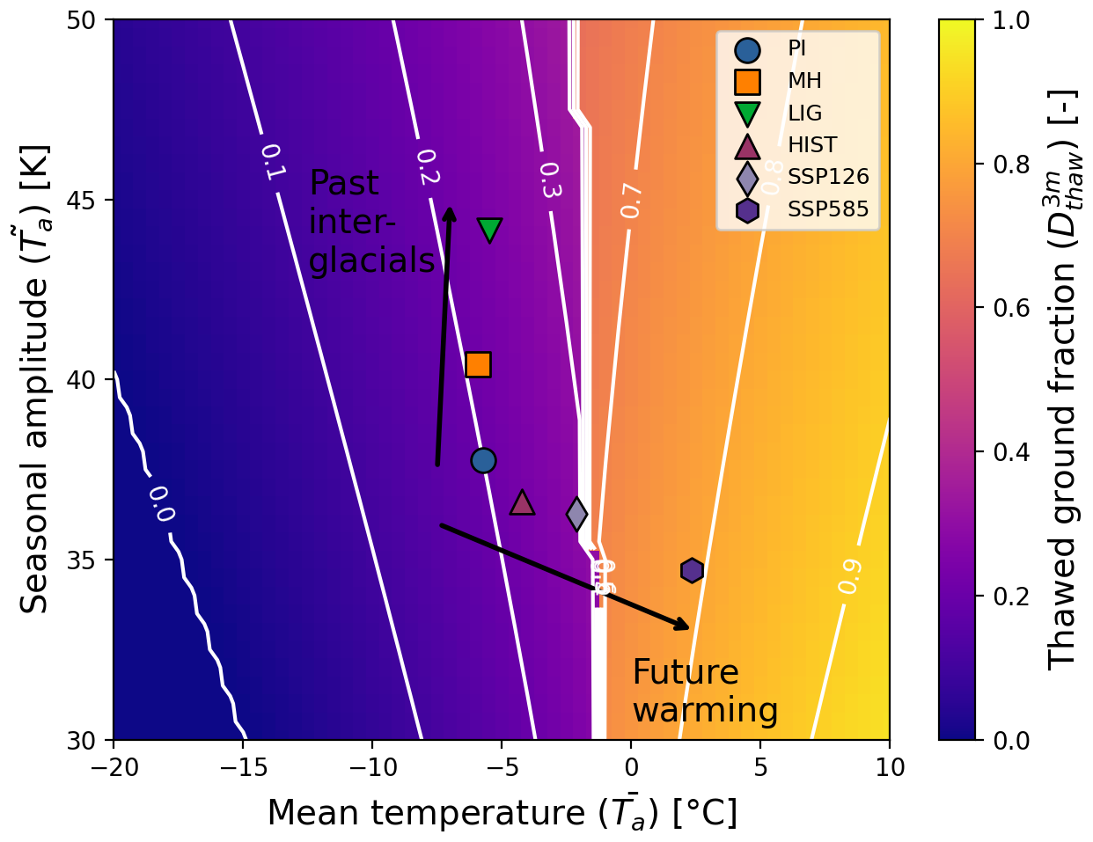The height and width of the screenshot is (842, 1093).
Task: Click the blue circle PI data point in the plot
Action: coord(483,460)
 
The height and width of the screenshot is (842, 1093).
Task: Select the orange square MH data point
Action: coord(478,364)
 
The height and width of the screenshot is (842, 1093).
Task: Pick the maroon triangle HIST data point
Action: coord(522,502)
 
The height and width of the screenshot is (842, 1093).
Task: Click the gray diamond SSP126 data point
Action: coord(576,513)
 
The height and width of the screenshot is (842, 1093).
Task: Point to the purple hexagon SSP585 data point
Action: coord(692,570)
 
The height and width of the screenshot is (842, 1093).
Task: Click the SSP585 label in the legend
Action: coord(827,209)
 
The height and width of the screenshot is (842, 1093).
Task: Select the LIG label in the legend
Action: coord(804,113)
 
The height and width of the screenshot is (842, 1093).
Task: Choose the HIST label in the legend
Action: coord(811,145)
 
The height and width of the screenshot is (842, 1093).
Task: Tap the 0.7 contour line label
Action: coord(631,201)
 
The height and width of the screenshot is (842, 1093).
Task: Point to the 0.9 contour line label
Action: coord(849,576)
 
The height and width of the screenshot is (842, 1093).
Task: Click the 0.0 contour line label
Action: coord(160,504)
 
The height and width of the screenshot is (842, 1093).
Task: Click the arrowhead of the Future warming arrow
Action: coord(683,626)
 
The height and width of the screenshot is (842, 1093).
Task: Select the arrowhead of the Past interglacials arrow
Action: coord(449,214)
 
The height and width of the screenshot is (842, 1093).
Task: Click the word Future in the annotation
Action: coord(685,672)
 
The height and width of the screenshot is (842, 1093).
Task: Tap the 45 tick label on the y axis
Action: coord(83,200)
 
